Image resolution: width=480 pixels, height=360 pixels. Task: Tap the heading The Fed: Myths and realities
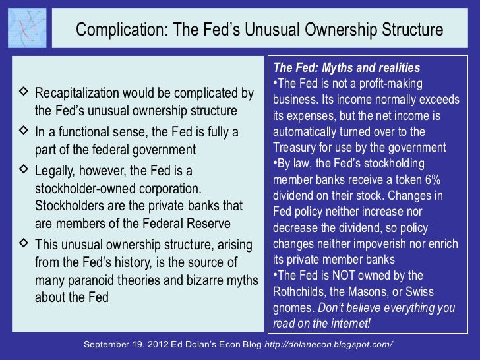346,68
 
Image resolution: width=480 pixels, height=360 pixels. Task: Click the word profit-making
389,84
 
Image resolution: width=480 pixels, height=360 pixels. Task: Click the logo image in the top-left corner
27,28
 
